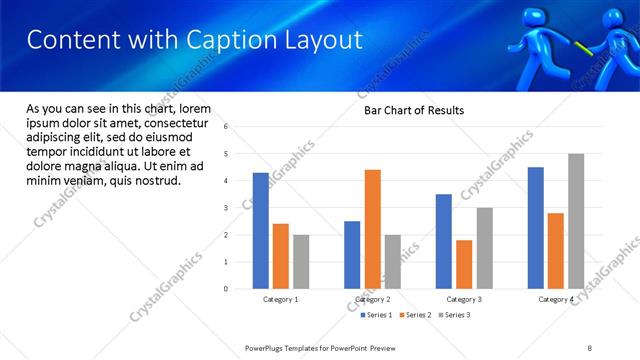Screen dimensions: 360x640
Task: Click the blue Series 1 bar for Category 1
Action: click(x=261, y=231)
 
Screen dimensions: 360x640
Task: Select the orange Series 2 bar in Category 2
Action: click(x=372, y=229)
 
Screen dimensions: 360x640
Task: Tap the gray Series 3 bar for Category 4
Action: click(x=576, y=221)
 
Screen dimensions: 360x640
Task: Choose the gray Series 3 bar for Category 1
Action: click(x=301, y=262)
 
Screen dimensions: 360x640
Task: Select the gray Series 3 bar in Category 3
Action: click(x=484, y=248)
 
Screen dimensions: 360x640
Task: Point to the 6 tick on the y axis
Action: click(x=226, y=127)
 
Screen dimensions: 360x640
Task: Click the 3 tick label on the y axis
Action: click(x=226, y=208)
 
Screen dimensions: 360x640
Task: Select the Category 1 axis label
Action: click(x=281, y=299)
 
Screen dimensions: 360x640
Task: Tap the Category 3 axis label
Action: click(x=464, y=299)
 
